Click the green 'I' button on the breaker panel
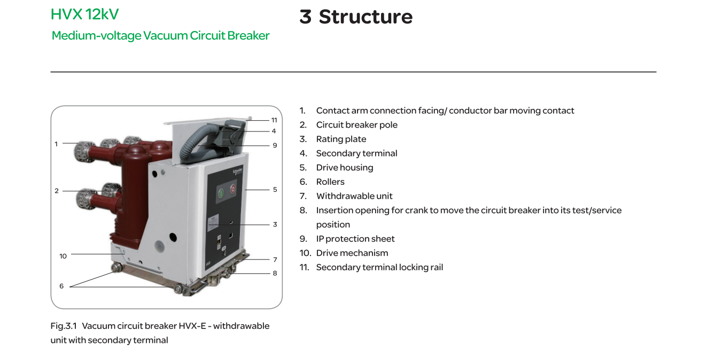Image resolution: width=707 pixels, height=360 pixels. coord(221,193)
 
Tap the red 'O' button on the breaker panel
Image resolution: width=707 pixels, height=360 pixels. coord(233,189)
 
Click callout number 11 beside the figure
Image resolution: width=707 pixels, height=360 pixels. coord(274,120)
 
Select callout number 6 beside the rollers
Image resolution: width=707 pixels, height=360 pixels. coord(61,286)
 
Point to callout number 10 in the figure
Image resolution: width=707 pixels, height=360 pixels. coord(63,256)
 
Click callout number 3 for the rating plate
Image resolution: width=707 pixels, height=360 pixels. coord(275,224)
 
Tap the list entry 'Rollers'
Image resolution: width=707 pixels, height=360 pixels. coord(330,182)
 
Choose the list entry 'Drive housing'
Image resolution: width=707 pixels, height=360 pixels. coord(345,168)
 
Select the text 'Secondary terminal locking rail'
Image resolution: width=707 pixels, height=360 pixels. coord(380,267)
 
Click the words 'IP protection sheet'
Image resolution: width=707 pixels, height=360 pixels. coord(355,239)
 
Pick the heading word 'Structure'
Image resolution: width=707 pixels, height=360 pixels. coord(366,17)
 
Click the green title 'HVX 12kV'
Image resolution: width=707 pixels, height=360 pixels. coord(84,14)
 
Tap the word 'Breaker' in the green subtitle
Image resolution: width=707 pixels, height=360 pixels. coord(248,35)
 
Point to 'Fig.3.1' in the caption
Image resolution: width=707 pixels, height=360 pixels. coord(64,326)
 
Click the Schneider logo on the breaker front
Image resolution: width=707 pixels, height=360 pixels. coord(238,171)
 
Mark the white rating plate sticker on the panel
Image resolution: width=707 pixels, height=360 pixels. coord(214,222)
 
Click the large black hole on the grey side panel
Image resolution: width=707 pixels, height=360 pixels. coord(173,237)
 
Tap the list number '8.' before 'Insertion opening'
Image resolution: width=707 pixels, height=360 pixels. coord(303,210)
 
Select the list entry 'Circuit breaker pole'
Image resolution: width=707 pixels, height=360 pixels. coord(356,125)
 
